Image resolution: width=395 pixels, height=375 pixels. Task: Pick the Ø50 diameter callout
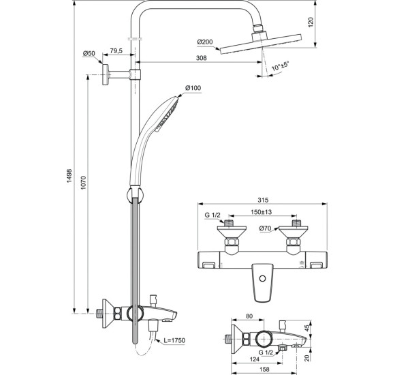tap(89, 53)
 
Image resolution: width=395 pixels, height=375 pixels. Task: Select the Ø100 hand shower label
tap(194, 89)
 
